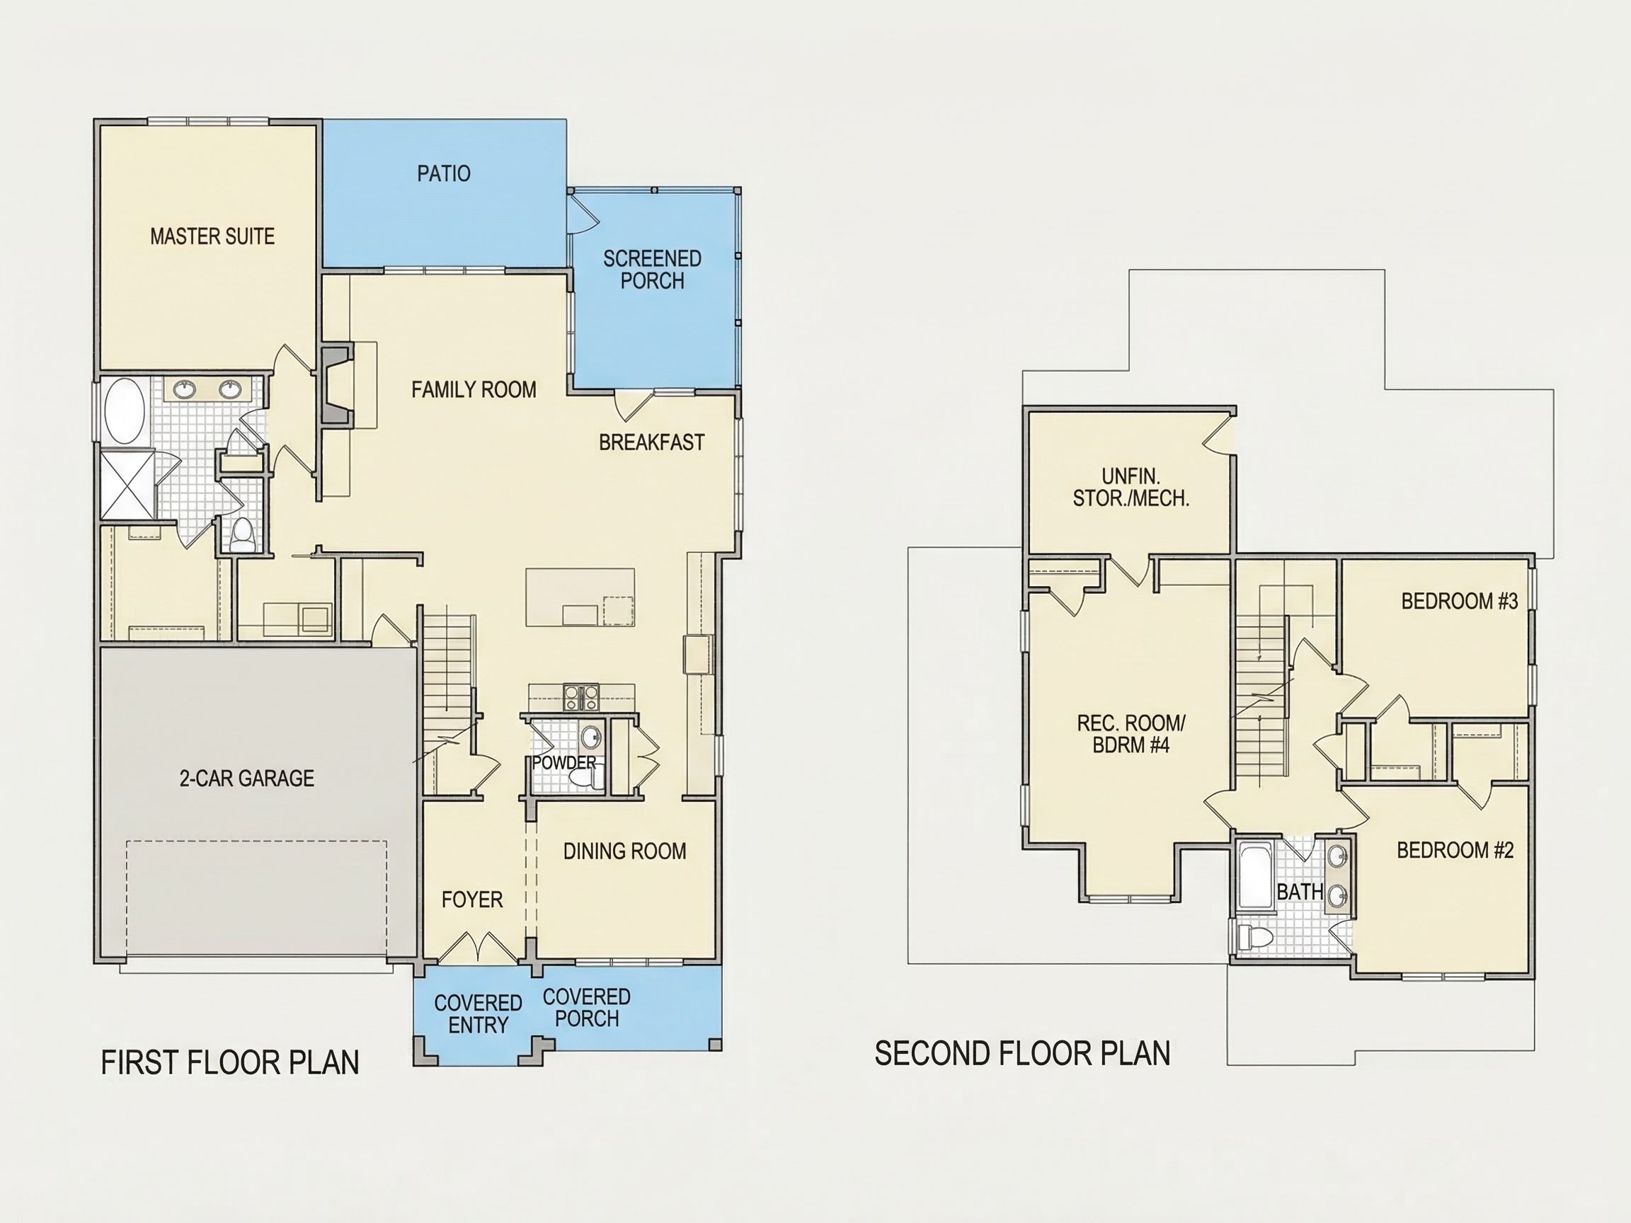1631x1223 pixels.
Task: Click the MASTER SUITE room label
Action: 212,236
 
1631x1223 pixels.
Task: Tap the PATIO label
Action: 444,174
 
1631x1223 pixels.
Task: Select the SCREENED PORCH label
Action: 653,270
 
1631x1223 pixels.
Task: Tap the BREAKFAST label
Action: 652,442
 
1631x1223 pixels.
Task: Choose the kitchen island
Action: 580,597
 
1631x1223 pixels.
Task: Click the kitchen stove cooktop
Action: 582,696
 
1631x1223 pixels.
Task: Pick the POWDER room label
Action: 564,763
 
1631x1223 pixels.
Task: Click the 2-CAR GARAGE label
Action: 247,779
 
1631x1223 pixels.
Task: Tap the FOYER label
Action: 472,900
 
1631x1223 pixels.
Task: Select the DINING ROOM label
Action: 624,851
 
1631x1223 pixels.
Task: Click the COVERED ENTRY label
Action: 478,1014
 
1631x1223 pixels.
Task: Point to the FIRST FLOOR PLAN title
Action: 230,1062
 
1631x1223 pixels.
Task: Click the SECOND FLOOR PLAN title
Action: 1023,1053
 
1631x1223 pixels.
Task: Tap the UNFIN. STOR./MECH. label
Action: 1131,487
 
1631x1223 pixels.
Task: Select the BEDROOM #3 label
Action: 1460,602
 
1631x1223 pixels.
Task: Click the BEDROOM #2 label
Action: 1455,851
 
